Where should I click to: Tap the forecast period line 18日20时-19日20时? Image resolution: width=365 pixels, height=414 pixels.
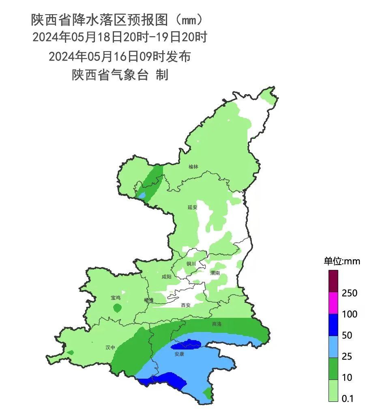(x=120, y=37)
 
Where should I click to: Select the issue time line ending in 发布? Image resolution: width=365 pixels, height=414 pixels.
(x=120, y=56)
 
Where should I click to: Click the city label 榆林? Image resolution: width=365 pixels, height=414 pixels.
(x=193, y=167)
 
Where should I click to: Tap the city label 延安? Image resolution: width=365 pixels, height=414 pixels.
(x=192, y=207)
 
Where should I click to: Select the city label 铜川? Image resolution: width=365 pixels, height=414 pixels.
(x=191, y=263)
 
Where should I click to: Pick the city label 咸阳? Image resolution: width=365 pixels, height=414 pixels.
(x=166, y=277)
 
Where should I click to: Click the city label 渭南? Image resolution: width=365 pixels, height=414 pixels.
(x=215, y=273)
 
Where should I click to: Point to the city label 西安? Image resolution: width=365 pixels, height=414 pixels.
(x=186, y=305)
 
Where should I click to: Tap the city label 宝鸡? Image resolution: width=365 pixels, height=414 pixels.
(x=116, y=298)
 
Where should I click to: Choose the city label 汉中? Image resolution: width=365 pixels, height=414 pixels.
(x=110, y=347)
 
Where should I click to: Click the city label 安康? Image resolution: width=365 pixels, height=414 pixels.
(x=180, y=354)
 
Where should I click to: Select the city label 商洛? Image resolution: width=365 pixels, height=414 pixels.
(x=217, y=324)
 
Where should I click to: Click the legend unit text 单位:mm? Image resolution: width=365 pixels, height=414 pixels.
(x=341, y=261)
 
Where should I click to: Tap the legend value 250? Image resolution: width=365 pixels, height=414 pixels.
(x=349, y=293)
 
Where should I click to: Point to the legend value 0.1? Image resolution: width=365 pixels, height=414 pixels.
(x=348, y=399)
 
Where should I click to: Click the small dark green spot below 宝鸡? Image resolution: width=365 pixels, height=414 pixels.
(x=117, y=308)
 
